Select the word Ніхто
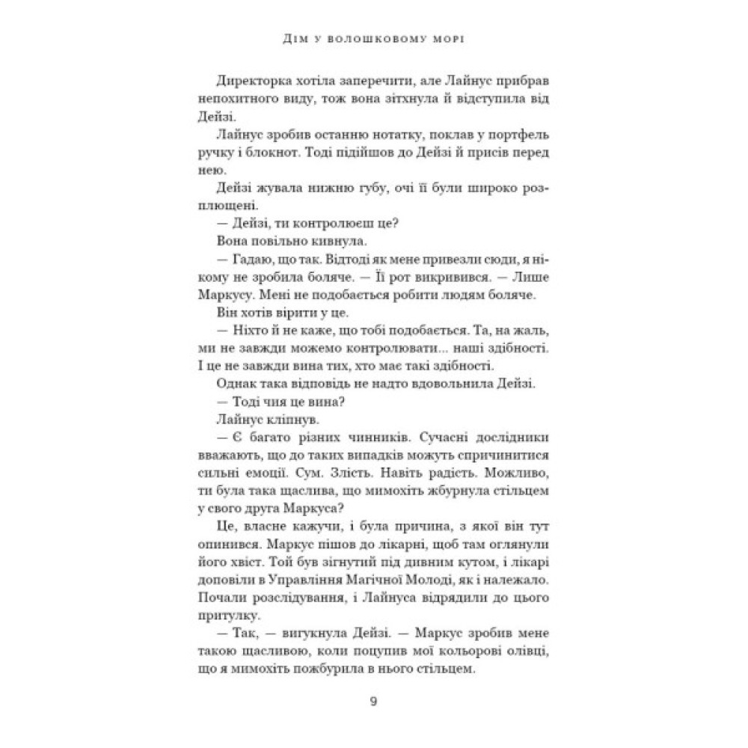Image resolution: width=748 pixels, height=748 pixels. [242, 329]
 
